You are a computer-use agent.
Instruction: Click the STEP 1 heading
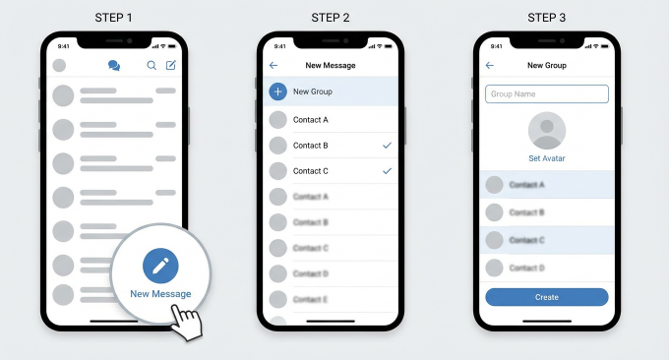pos(114,17)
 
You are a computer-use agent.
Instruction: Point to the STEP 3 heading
pos(547,17)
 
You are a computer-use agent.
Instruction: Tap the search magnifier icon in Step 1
pos(152,66)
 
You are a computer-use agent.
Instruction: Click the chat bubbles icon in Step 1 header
pos(114,66)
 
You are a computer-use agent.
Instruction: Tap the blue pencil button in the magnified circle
pos(160,266)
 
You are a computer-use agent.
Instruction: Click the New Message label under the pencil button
pos(160,294)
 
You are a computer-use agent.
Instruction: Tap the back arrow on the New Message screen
pos(274,66)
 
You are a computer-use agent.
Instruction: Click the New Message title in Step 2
pos(331,66)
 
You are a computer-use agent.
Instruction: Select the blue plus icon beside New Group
pos(278,91)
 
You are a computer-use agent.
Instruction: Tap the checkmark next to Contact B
pos(387,146)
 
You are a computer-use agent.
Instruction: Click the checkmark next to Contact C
pos(387,171)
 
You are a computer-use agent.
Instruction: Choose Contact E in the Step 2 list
pos(311,299)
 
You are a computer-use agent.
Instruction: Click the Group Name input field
pos(547,94)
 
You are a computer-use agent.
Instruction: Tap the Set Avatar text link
pos(547,158)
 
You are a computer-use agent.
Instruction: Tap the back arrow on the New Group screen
pos(490,66)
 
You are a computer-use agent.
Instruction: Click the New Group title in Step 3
pos(547,66)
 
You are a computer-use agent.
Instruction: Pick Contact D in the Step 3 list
pos(526,268)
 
